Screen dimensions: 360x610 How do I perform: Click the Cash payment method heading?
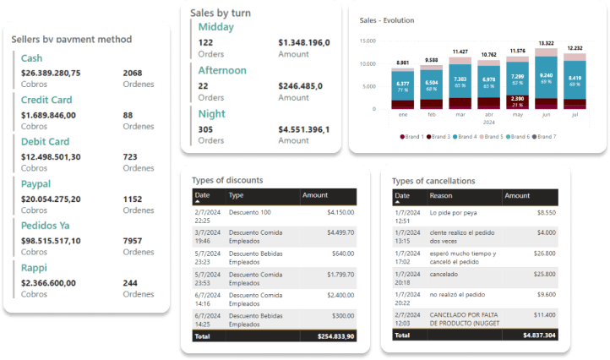31,58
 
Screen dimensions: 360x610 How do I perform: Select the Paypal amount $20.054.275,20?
51,199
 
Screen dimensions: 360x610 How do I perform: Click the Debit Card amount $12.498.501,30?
51,156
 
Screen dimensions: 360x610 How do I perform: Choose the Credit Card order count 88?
128,115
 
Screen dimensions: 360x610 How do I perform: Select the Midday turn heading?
216,26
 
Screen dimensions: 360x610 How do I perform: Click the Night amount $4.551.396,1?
303,129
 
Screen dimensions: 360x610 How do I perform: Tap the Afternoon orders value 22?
203,85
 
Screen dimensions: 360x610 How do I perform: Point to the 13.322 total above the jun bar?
546,42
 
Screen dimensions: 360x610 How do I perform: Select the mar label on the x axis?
460,113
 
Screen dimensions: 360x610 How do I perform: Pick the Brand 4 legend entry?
465,136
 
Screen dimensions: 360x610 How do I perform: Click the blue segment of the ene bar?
403,89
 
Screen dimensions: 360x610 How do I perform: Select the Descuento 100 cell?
250,211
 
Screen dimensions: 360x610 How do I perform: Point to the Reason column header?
440,196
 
